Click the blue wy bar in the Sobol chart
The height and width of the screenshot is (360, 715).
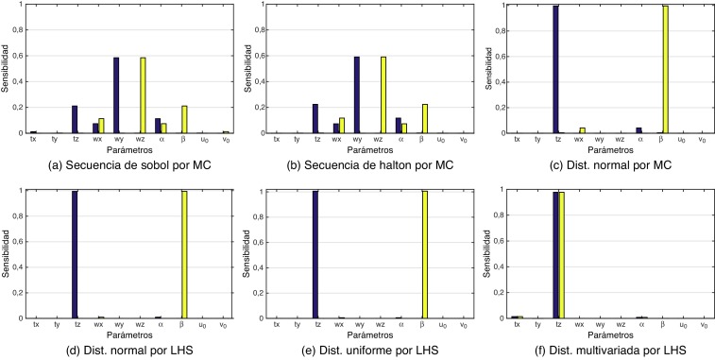[x=116, y=95]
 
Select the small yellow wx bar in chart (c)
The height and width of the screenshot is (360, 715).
[x=583, y=130]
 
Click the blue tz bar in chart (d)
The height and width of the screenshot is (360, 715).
[x=74, y=255]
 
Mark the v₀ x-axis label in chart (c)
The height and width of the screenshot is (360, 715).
[x=700, y=141]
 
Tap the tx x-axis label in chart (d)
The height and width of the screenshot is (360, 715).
[x=36, y=324]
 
